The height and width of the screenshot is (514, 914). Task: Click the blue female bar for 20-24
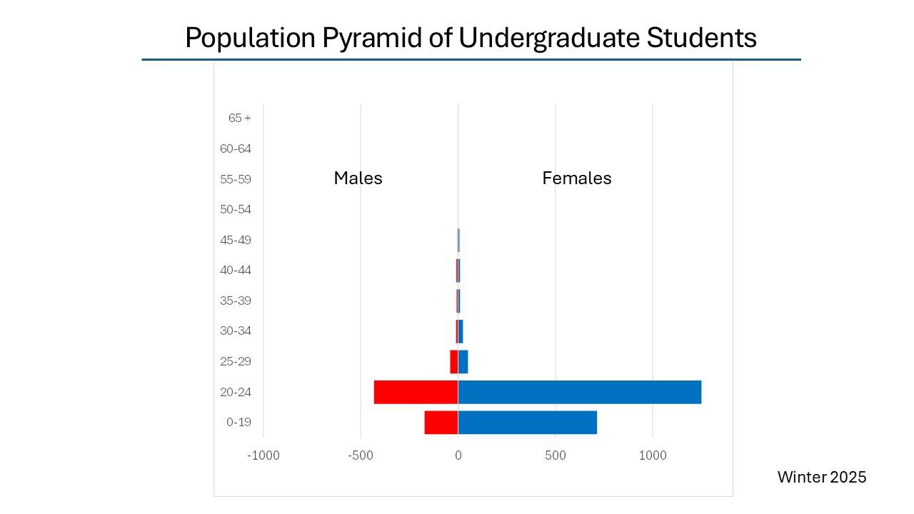pos(579,392)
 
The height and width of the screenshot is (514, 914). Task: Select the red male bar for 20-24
pos(416,392)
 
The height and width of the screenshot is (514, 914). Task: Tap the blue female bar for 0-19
pos(527,423)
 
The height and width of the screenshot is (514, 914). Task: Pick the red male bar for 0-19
pos(441,423)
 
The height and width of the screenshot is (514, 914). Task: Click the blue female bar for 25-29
pos(463,362)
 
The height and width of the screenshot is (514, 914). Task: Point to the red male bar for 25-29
pos(453,362)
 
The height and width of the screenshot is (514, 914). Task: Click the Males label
pos(358,178)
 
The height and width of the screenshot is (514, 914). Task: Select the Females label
pos(576,178)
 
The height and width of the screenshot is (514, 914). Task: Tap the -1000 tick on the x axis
pos(263,455)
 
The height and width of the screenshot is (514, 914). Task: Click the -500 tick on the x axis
pos(360,455)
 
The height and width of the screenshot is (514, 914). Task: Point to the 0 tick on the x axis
pos(458,455)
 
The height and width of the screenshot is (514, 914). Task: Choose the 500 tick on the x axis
pos(555,455)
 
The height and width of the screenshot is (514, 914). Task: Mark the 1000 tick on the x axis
pos(652,455)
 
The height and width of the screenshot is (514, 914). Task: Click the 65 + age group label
pos(240,118)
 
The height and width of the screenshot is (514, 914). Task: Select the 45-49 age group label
pos(236,240)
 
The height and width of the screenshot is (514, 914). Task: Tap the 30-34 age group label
pos(236,331)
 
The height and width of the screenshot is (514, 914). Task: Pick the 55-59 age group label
pos(236,179)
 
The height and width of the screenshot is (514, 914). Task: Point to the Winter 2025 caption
pos(821,477)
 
